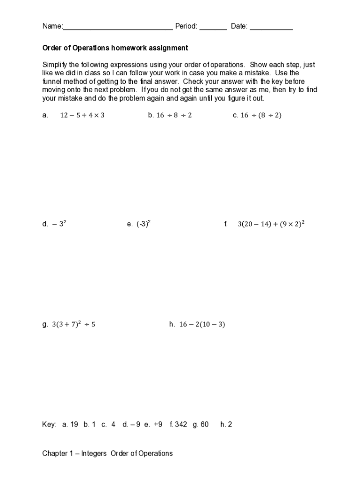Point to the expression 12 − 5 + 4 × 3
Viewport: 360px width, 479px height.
[x=82, y=116]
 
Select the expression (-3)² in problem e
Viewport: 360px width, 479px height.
[x=144, y=224]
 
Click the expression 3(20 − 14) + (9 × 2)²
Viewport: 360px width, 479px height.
[x=271, y=224]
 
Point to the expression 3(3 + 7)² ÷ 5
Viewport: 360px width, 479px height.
[x=73, y=324]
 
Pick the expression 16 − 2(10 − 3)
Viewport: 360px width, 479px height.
[x=202, y=324]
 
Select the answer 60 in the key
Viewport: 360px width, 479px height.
[x=204, y=425]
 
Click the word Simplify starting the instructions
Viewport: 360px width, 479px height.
[x=55, y=65]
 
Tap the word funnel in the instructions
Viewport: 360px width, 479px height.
[x=51, y=82]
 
